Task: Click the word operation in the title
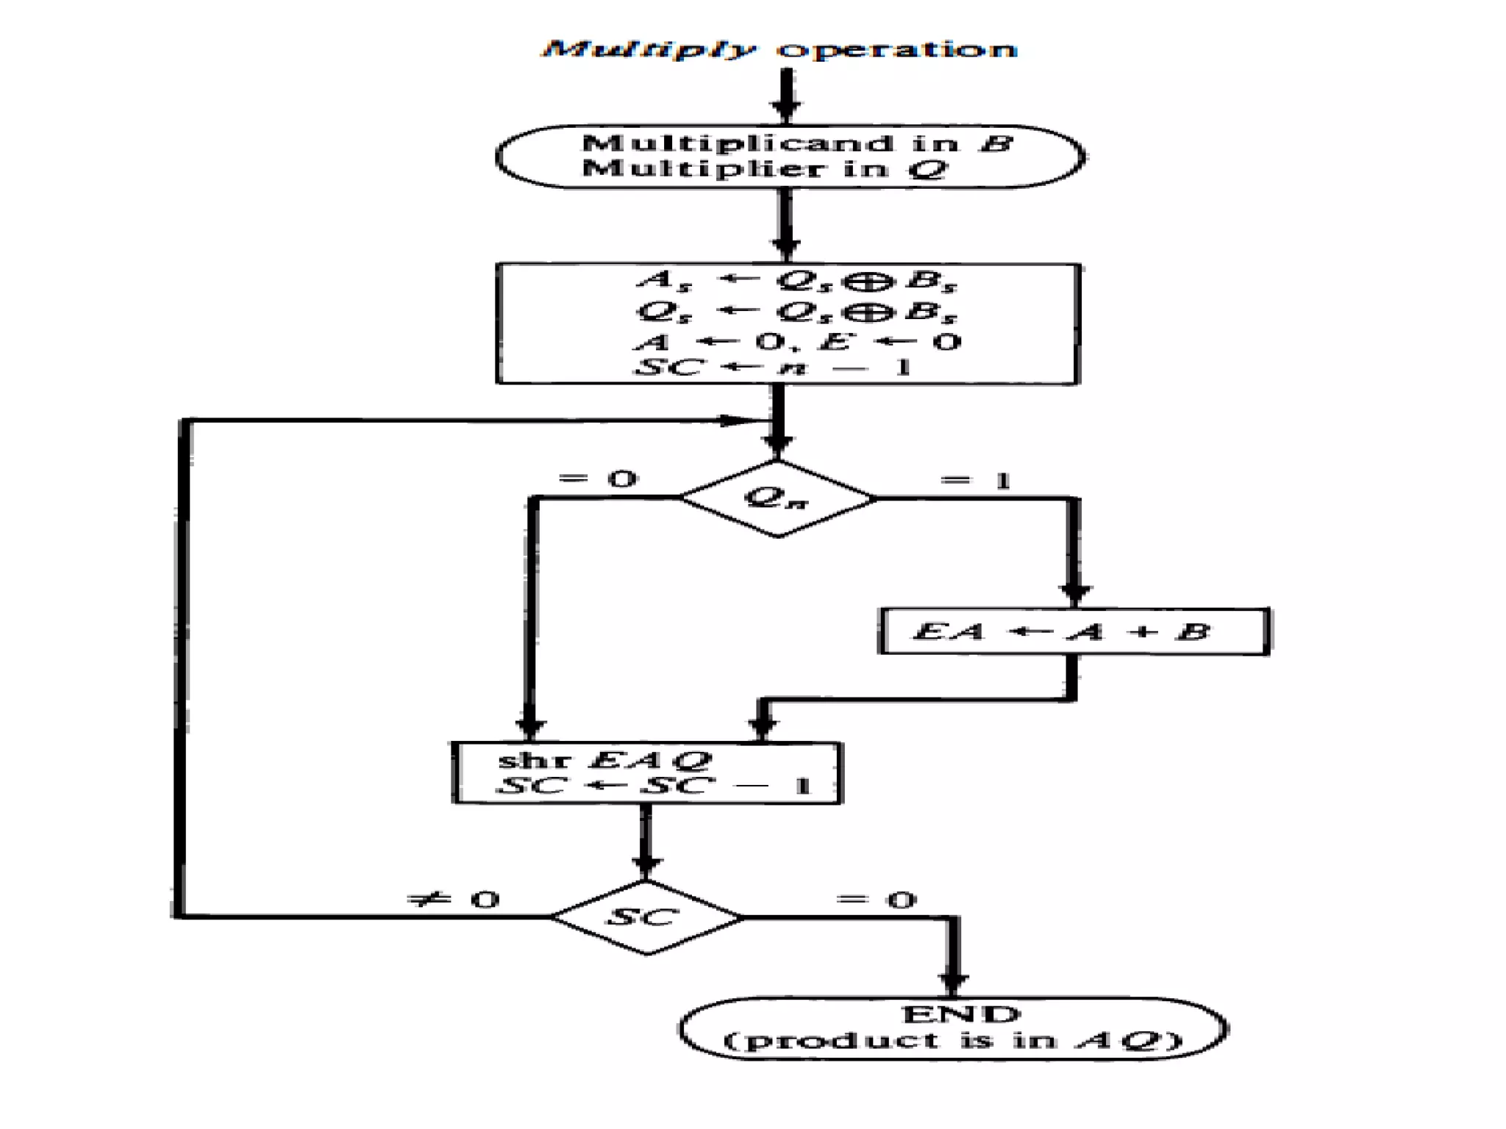coord(897,49)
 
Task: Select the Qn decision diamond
coord(777,498)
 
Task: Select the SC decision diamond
coord(646,917)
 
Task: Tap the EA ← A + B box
coord(1074,631)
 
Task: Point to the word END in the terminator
coord(960,1014)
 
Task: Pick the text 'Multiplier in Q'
coord(765,169)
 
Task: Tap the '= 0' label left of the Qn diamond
coord(597,479)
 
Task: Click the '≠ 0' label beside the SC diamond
coord(454,899)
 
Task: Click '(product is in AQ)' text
coord(953,1041)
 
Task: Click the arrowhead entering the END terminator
coord(954,983)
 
